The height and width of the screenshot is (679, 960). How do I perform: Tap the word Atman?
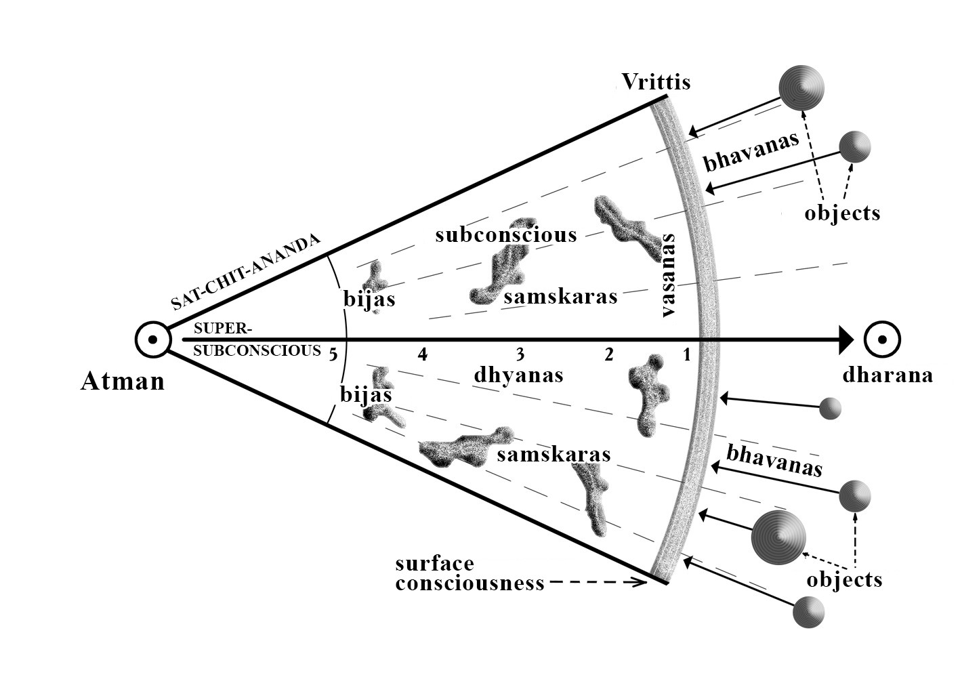click(x=123, y=381)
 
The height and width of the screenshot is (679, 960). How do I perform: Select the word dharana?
click(x=888, y=375)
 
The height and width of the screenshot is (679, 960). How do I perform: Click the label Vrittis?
click(x=656, y=82)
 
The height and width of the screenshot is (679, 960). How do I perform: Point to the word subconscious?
click(x=505, y=234)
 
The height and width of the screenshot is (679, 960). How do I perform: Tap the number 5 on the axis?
click(x=333, y=353)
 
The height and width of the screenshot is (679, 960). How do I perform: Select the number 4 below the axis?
click(x=423, y=354)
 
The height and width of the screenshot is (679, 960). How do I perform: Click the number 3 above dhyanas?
click(x=520, y=354)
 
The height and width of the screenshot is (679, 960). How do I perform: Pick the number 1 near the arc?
click(x=686, y=354)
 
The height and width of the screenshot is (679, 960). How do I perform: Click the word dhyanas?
click(x=519, y=374)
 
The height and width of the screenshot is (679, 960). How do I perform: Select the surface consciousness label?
click(x=469, y=573)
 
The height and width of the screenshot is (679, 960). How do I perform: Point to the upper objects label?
click(x=842, y=213)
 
